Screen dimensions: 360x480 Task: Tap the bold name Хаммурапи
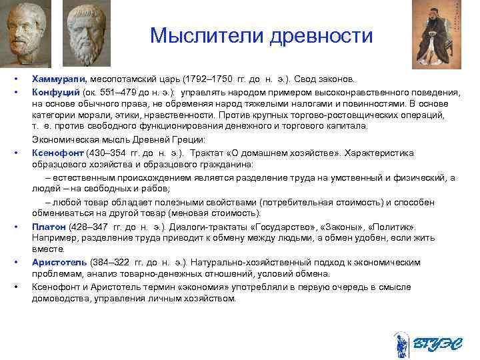coord(57,80)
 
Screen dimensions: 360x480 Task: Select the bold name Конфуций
coord(56,92)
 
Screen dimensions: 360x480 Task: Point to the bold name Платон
coord(49,227)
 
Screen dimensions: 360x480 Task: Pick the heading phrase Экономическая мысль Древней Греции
coord(110,140)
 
